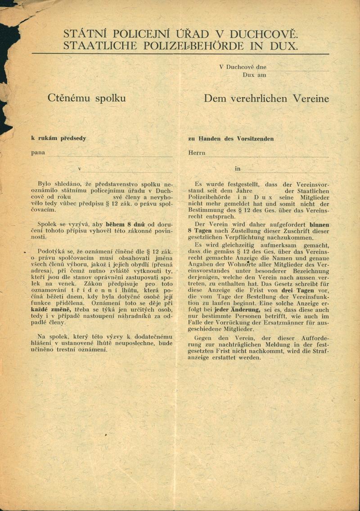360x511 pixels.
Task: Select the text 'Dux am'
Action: click(254, 75)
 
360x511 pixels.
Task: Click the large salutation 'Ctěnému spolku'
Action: click(86, 98)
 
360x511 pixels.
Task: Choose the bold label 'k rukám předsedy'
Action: click(58, 138)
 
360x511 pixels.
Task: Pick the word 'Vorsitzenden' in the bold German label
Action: click(254, 139)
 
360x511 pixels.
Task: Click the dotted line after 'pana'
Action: click(110, 156)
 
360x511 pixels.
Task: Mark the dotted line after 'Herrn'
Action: click(267, 156)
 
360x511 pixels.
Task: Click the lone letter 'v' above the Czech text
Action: click(80, 169)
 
